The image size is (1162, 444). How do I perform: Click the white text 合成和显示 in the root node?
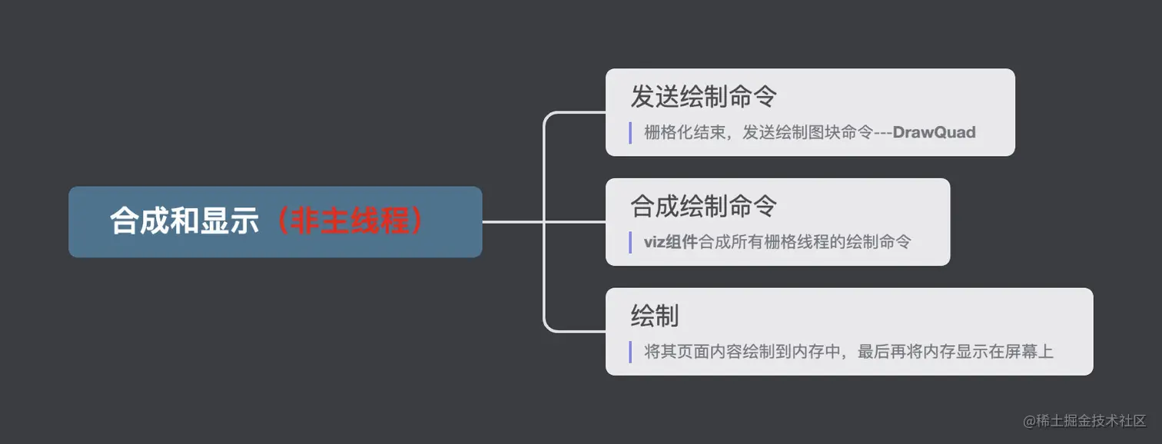click(184, 222)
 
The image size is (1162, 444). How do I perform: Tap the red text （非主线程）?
click(349, 222)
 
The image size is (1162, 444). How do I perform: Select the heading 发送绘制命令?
click(703, 97)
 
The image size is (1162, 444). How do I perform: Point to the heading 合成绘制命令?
click(703, 206)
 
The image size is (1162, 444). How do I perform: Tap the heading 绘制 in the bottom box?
click(654, 316)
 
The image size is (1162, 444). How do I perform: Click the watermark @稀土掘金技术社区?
click(1084, 421)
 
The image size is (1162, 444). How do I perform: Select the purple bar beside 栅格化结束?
click(630, 133)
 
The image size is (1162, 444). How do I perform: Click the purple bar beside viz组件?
click(630, 242)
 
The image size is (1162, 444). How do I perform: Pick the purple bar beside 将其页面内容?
click(630, 352)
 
